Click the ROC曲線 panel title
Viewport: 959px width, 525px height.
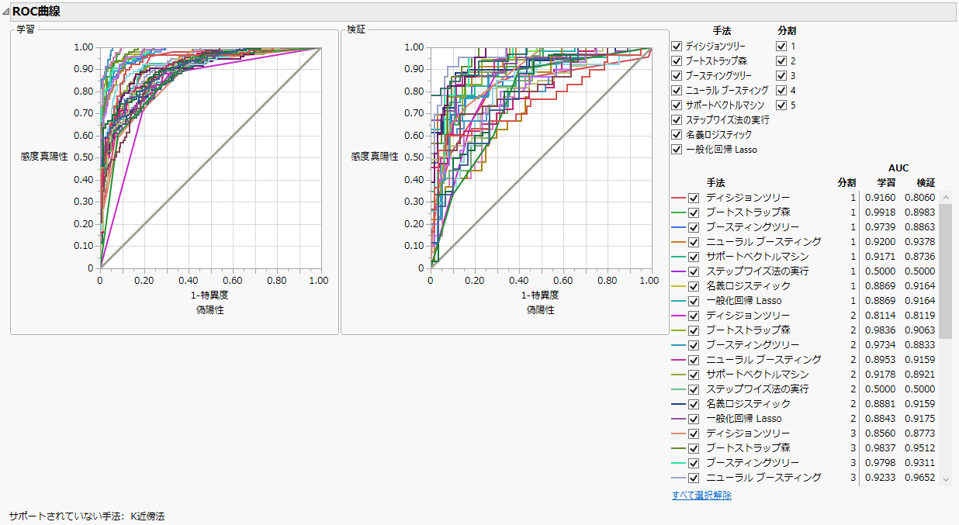click(x=36, y=12)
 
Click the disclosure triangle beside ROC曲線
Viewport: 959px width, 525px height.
click(x=5, y=12)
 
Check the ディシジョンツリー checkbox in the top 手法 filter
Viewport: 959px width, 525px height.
click(x=677, y=47)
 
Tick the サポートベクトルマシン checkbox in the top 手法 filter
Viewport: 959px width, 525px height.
click(x=677, y=105)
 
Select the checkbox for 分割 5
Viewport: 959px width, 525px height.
click(x=781, y=105)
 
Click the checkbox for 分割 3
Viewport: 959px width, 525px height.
click(x=781, y=75)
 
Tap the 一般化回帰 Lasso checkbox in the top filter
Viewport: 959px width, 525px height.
click(x=677, y=149)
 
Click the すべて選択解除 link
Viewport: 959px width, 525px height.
click(x=701, y=496)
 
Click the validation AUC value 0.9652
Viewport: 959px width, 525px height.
click(x=920, y=478)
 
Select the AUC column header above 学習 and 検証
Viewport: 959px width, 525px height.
click(x=898, y=168)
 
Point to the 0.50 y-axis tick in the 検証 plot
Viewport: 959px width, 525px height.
click(x=415, y=157)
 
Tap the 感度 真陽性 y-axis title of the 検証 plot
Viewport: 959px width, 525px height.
click(x=374, y=156)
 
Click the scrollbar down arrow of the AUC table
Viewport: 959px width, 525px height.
click(x=946, y=480)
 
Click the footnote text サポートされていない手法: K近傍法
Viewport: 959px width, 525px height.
click(x=87, y=515)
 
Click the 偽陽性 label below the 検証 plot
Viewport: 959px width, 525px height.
click(x=540, y=309)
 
